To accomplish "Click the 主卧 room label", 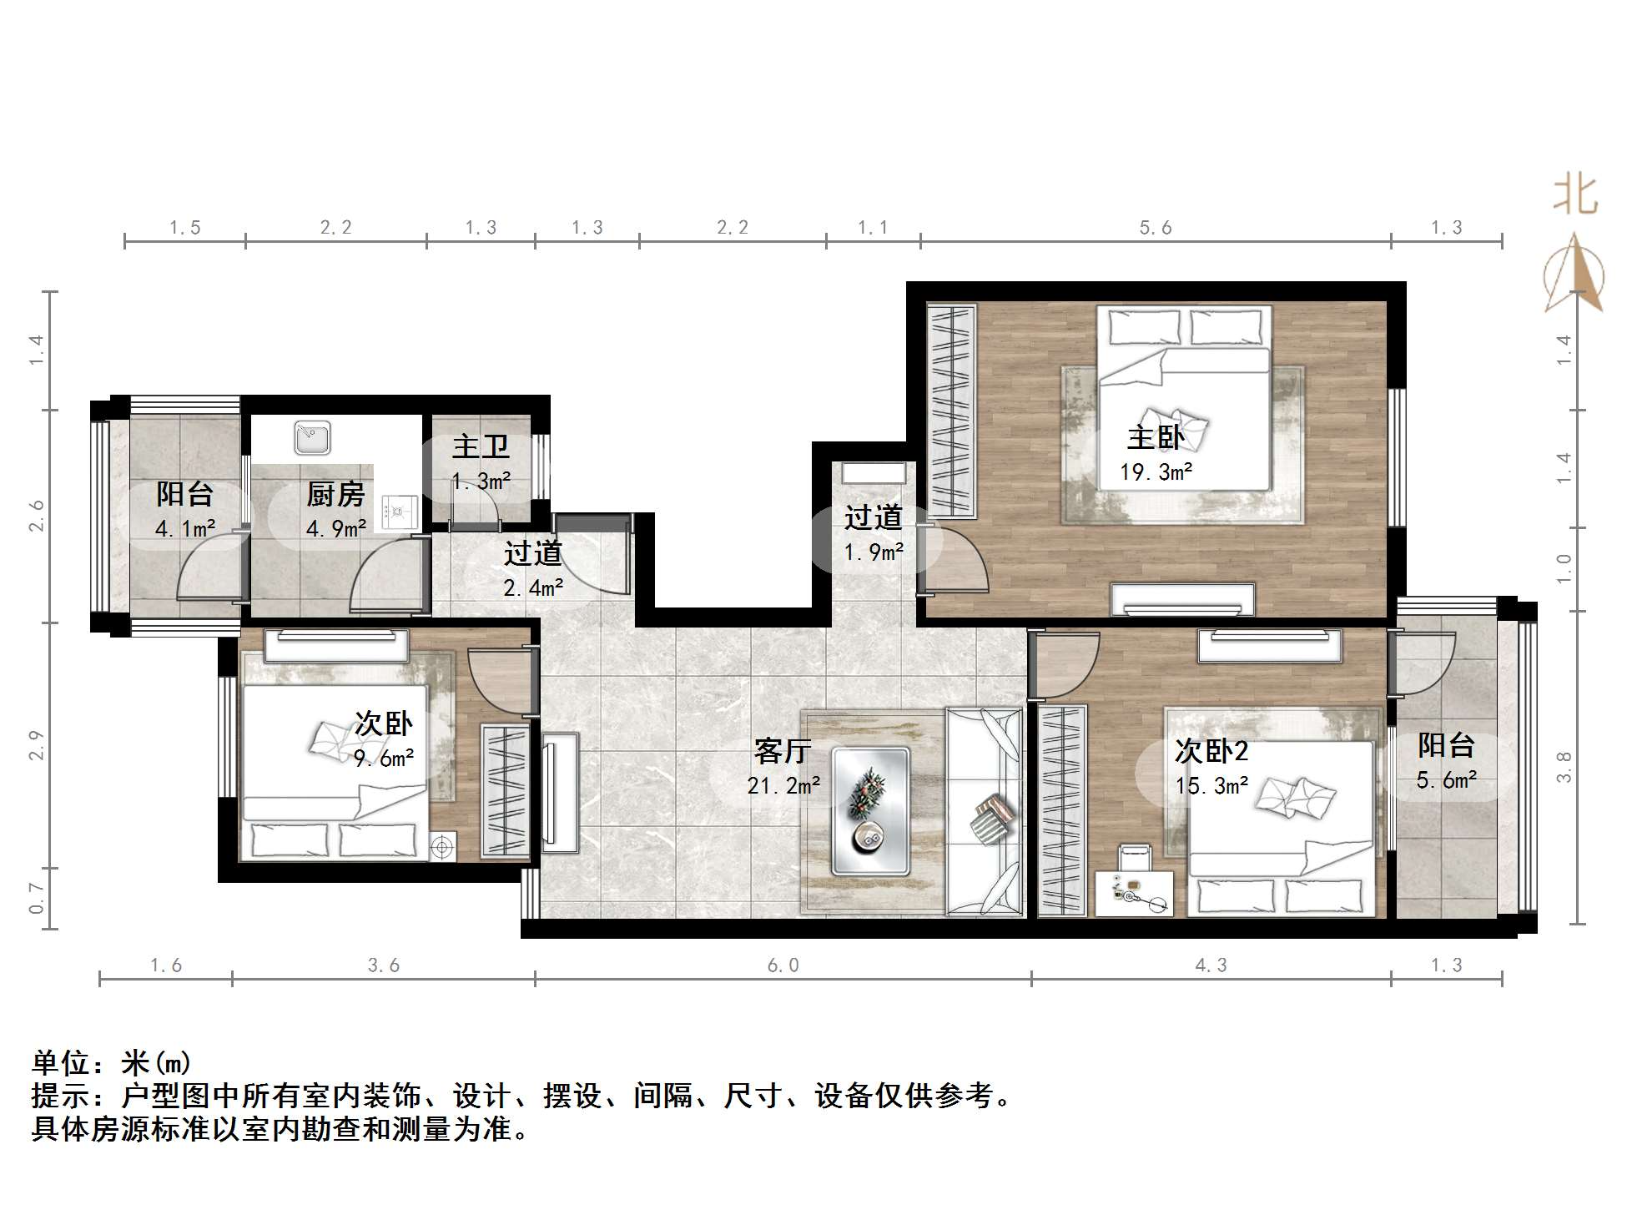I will click(x=1155, y=437).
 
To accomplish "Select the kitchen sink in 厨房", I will click(x=313, y=439).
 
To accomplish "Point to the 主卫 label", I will click(x=481, y=446).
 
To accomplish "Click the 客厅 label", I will click(x=782, y=751).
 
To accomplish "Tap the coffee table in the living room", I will click(x=870, y=810).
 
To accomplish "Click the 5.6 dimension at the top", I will click(x=1155, y=228).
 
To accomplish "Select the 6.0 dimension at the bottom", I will click(x=783, y=965).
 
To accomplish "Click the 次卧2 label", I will click(x=1211, y=751).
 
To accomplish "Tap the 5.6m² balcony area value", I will click(x=1446, y=780).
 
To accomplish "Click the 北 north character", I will click(x=1574, y=196).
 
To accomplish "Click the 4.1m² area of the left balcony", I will click(x=184, y=528).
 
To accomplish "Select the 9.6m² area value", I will click(x=384, y=759).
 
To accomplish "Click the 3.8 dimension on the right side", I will click(x=1564, y=767).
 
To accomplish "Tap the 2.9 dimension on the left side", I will click(x=36, y=745).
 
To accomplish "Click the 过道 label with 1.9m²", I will click(x=873, y=518).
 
